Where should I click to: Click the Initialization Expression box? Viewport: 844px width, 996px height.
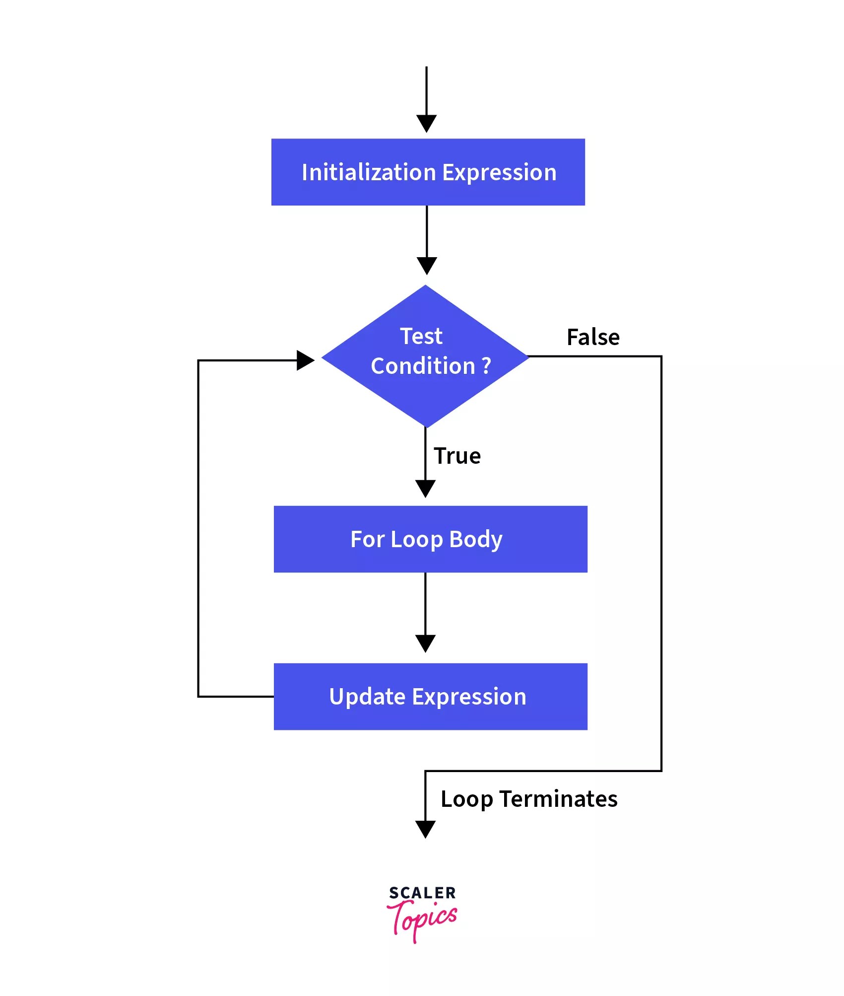428,172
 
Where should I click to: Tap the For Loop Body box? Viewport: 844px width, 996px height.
430,539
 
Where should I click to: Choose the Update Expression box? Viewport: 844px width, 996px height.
430,696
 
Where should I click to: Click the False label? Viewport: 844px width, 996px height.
593,337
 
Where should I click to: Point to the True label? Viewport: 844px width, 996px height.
457,456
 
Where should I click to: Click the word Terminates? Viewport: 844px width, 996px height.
558,799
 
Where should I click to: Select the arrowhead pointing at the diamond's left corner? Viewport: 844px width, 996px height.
305,360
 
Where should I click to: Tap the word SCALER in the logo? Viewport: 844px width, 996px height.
422,893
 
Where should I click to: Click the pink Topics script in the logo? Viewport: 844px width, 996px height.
422,919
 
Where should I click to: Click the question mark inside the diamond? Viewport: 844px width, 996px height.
486,366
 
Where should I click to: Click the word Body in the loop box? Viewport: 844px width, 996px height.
475,539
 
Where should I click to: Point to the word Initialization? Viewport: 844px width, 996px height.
369,172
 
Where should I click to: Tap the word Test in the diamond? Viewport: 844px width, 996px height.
421,336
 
